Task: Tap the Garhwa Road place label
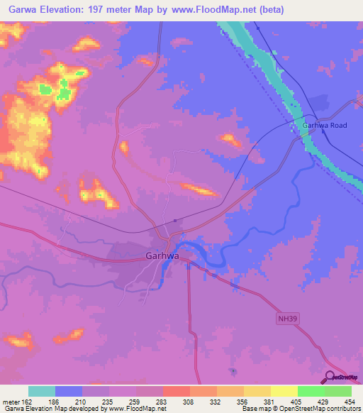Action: point(324,126)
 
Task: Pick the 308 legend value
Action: point(188,402)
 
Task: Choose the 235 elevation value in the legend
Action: point(107,402)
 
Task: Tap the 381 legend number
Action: point(269,402)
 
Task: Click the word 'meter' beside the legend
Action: point(11,402)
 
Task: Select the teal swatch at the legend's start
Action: point(42,391)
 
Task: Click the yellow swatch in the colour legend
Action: point(284,391)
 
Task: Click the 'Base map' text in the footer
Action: point(256,409)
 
